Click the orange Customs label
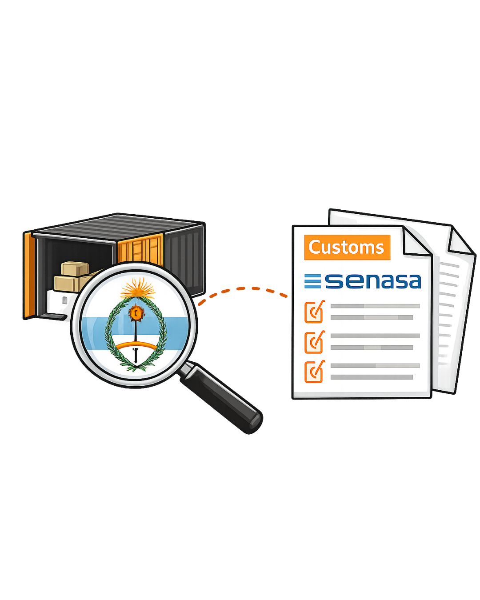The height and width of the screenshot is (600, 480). [x=347, y=247]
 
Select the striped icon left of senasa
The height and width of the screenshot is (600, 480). [x=312, y=281]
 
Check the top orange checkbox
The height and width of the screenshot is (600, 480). [x=314, y=312]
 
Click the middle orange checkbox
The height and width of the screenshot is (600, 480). [x=314, y=342]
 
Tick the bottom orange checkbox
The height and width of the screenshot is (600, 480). [x=314, y=372]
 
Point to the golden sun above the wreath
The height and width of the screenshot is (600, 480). [x=137, y=288]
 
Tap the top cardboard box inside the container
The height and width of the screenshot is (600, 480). [x=75, y=268]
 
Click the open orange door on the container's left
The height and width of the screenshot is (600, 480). [x=29, y=276]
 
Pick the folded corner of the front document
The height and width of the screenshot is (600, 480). [x=417, y=241]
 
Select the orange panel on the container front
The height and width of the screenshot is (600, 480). [x=140, y=249]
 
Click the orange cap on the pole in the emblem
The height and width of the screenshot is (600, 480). [x=136, y=312]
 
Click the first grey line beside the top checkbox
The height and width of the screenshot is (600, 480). [x=375, y=306]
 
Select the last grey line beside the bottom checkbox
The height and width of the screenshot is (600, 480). [x=372, y=377]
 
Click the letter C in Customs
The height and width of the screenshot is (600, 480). [x=314, y=247]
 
